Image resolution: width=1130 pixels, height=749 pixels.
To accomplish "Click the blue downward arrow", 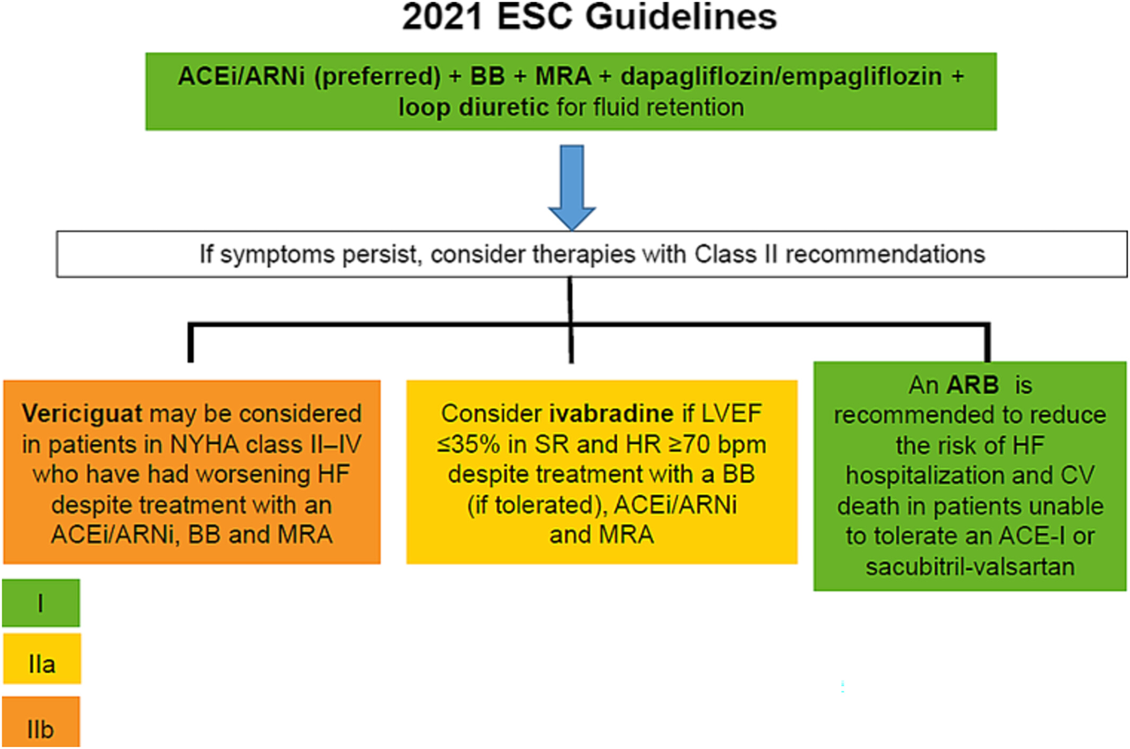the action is tap(572, 187).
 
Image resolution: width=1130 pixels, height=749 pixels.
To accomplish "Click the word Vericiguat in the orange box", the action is tap(82, 414).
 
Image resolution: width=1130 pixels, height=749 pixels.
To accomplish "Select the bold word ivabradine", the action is tap(611, 414).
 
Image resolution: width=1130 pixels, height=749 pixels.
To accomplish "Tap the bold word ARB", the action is tap(973, 385).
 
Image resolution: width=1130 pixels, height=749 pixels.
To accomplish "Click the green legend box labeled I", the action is tap(41, 603).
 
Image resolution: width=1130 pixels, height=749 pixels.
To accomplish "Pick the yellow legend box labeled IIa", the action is tap(42, 659).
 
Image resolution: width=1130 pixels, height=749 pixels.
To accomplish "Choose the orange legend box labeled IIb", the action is tap(41, 722).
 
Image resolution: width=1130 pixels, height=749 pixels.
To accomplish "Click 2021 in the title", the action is tap(442, 17).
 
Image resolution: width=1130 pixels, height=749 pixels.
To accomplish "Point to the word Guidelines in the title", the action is tap(681, 17).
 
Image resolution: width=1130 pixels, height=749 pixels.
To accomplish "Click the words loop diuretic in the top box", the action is tap(473, 108).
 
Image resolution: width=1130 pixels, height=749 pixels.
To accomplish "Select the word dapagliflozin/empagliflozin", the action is tap(781, 76).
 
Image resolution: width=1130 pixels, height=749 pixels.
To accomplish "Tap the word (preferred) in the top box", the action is tap(377, 76).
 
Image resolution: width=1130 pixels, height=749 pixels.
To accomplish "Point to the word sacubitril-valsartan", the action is tap(970, 567).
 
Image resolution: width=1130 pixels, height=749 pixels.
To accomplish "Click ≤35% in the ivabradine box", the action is tap(468, 444).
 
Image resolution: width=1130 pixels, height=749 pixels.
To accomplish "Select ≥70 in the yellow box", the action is tap(690, 444).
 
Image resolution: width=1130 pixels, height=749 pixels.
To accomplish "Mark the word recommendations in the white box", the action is tap(885, 254).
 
